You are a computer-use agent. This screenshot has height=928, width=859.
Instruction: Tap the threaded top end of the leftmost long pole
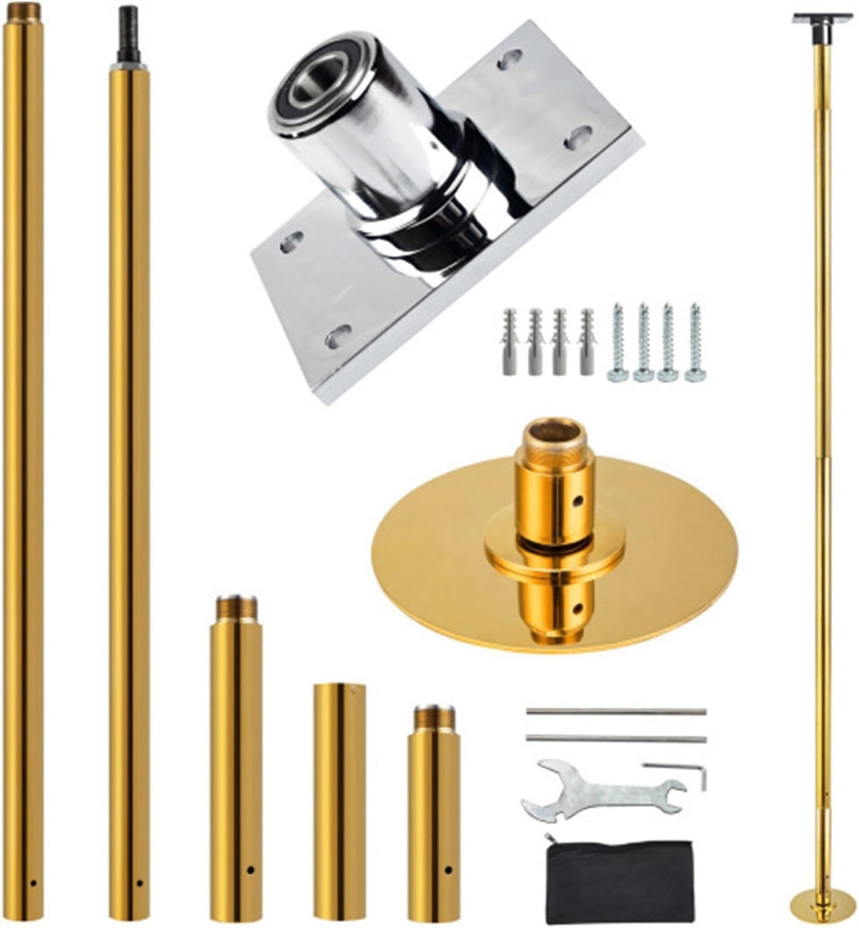pos(23,11)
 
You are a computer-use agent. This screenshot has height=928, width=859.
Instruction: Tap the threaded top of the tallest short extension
pos(236,609)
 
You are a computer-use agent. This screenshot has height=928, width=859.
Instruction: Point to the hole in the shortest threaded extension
pos(448,869)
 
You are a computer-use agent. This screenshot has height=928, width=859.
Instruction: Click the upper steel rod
pos(616,711)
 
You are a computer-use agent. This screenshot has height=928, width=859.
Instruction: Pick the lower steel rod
pos(616,739)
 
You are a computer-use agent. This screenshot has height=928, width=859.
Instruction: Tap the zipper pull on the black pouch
pos(549,838)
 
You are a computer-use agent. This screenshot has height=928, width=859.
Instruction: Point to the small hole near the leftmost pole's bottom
pos(34,884)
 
